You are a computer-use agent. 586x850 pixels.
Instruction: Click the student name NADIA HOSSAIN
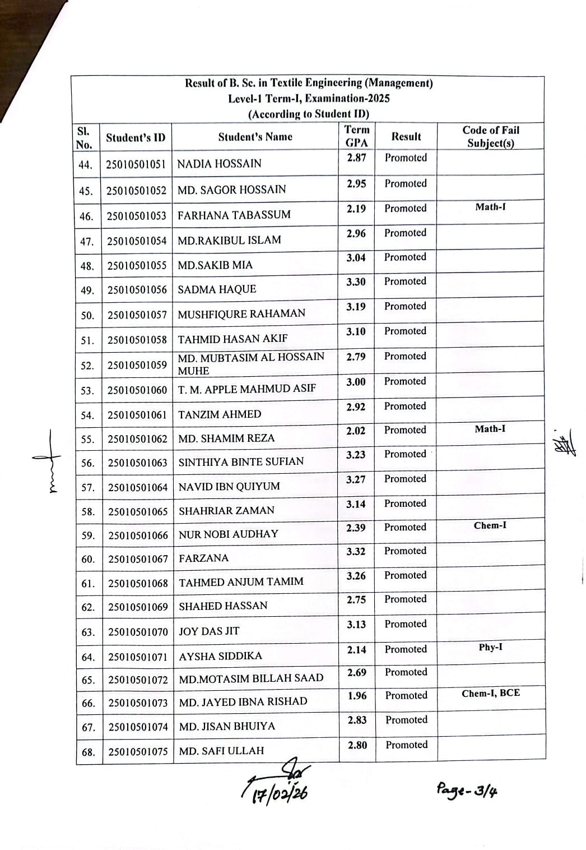click(219, 164)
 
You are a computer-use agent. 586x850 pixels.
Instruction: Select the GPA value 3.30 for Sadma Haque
click(356, 282)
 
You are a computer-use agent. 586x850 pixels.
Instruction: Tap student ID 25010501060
click(137, 390)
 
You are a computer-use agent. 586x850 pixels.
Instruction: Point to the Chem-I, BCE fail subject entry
click(491, 694)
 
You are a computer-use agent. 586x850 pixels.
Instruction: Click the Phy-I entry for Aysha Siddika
click(491, 648)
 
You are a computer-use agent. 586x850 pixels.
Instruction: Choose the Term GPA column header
click(357, 136)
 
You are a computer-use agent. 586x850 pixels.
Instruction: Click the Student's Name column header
click(255, 137)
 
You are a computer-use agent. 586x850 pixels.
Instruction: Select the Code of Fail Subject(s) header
click(491, 136)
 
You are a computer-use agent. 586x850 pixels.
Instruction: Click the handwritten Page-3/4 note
click(467, 790)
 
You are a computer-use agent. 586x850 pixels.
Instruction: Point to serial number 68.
click(89, 752)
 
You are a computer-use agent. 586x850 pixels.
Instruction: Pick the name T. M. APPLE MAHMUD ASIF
click(247, 389)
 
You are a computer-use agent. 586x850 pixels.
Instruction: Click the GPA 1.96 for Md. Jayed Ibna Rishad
click(357, 696)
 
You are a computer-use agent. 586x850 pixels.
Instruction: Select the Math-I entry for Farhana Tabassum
click(491, 207)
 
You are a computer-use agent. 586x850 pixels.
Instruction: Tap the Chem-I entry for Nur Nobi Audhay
click(490, 526)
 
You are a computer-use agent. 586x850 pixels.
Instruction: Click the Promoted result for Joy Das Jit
click(406, 624)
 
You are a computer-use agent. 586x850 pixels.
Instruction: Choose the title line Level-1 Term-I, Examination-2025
click(309, 99)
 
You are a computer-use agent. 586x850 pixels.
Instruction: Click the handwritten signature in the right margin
click(564, 444)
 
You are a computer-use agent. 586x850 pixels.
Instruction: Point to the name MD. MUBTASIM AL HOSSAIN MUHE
click(250, 363)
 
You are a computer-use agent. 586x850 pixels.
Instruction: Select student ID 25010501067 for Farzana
click(138, 560)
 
